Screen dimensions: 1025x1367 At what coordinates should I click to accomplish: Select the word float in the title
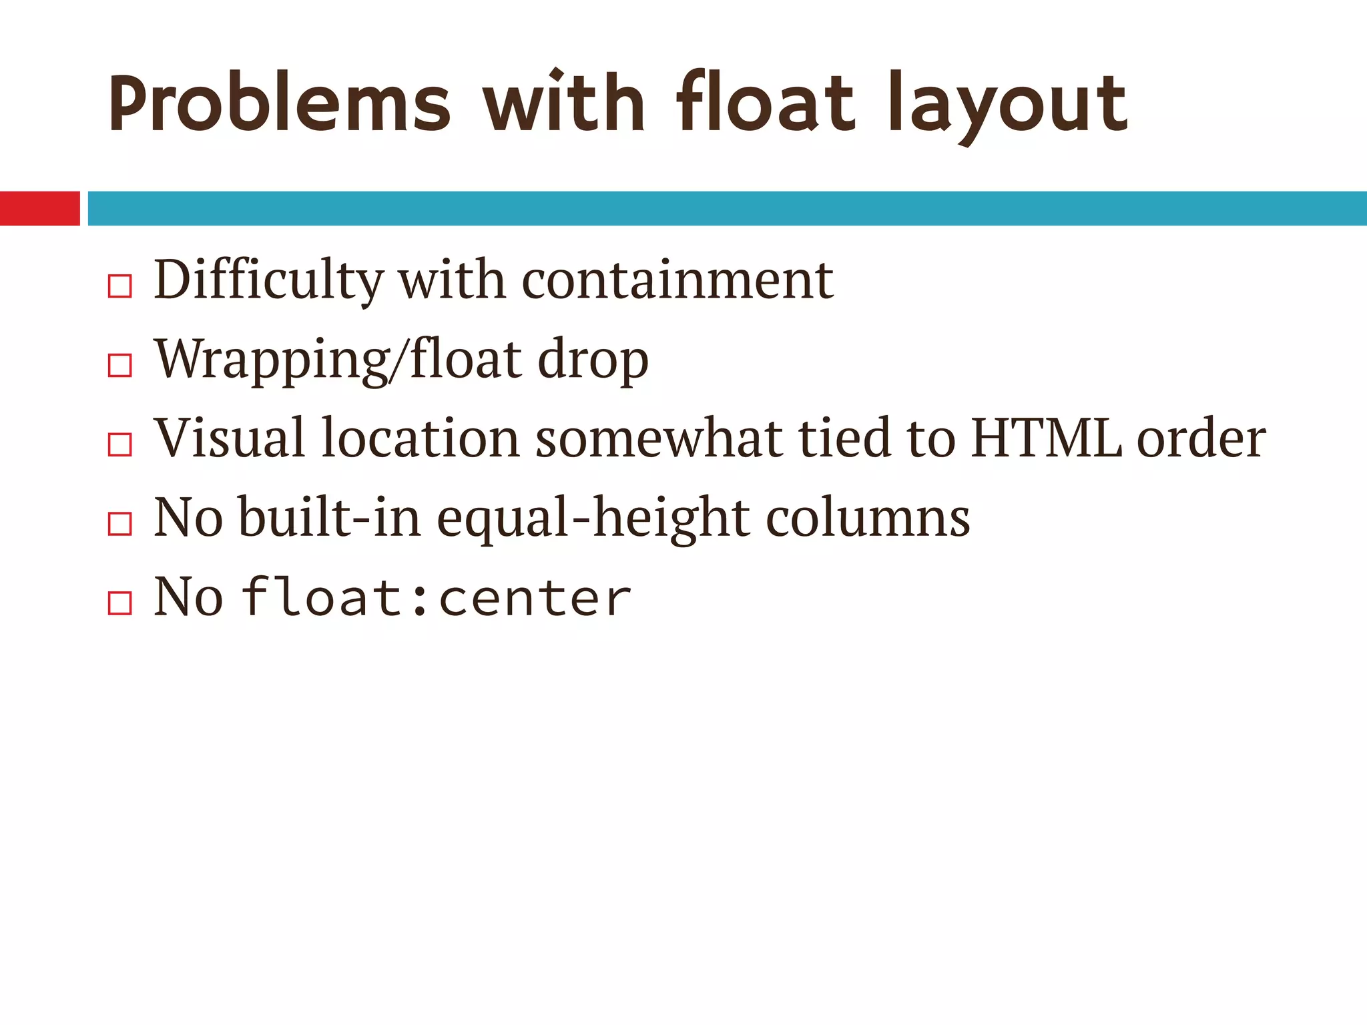tap(765, 103)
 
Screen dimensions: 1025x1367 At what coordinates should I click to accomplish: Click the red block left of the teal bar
tap(39, 208)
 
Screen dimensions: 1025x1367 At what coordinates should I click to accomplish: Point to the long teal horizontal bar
tap(727, 208)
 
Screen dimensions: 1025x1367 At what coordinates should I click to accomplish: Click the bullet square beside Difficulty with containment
tap(119, 286)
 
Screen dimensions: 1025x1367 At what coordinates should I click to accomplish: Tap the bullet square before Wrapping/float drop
tap(119, 365)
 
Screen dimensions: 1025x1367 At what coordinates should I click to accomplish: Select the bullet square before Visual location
tap(119, 444)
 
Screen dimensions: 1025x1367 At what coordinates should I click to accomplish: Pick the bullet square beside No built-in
tap(119, 524)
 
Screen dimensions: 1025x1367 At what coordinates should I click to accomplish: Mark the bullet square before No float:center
tap(119, 603)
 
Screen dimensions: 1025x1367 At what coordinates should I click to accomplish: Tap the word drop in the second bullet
tap(593, 360)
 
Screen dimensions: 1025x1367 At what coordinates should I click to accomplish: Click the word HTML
tap(1047, 438)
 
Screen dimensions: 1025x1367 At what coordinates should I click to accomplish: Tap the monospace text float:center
tap(436, 597)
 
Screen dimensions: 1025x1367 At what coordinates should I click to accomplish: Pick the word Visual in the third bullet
tap(230, 438)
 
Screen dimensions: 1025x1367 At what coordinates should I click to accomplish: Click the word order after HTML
tap(1201, 438)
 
